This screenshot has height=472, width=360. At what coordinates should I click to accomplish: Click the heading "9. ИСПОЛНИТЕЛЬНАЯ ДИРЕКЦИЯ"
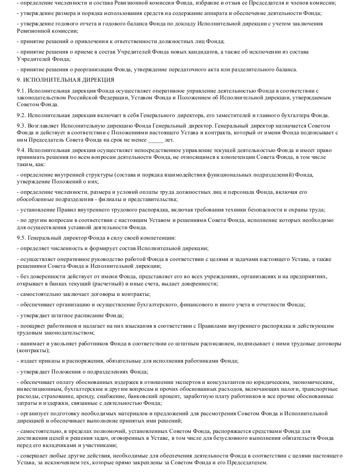[59, 80]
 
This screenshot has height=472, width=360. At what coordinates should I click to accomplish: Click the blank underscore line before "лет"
[155, 140]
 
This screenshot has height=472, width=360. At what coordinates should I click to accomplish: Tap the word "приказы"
[45, 360]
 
